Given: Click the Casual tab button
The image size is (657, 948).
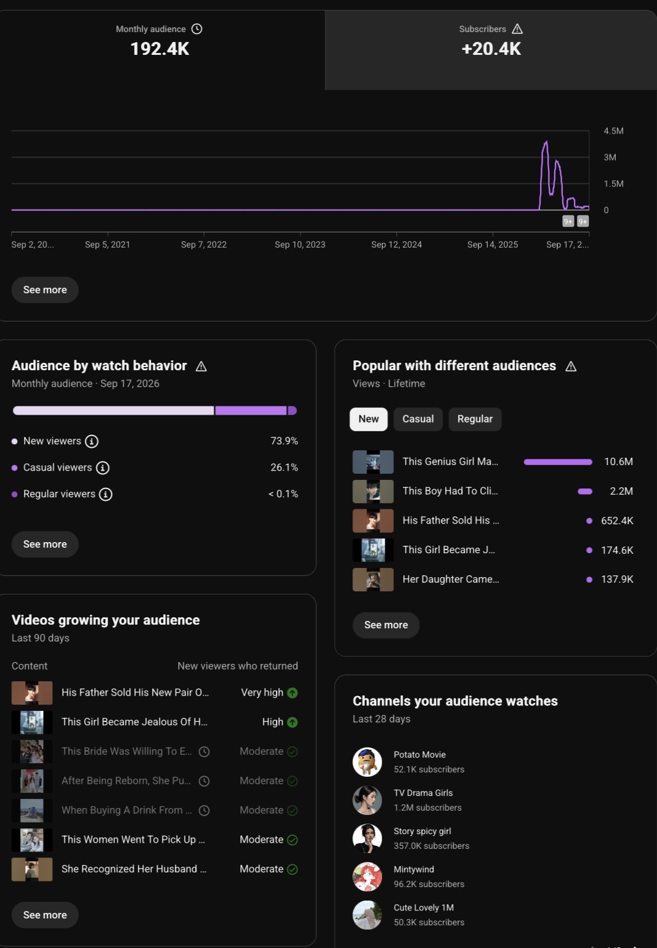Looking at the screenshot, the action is (418, 419).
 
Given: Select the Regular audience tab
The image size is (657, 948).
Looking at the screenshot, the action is (475, 419).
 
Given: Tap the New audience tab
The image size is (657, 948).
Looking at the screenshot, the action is (368, 419).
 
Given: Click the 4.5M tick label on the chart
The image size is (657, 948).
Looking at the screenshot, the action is (613, 131).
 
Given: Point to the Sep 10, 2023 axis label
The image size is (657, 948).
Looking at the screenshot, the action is (300, 245).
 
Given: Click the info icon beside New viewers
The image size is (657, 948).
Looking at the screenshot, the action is (91, 442).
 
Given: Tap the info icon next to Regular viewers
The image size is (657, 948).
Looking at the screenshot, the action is (105, 494).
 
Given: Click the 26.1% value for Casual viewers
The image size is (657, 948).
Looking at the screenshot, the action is (284, 468).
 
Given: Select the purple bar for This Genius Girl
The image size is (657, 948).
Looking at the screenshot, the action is (558, 462).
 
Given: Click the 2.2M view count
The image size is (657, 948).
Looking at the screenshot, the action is (621, 491).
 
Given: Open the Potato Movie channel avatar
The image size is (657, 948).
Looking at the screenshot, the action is (367, 762).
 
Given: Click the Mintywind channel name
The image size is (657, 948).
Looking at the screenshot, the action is (414, 869).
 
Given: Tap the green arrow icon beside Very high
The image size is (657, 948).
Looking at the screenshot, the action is (292, 693).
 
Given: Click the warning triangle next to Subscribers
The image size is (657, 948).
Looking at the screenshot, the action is (517, 29).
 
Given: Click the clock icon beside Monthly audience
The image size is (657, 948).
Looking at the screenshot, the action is (196, 29).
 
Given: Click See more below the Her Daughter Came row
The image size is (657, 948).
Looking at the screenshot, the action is (386, 625).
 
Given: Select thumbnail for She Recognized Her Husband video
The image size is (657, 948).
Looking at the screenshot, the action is (32, 869).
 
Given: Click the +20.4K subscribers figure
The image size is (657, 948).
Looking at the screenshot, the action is (491, 49).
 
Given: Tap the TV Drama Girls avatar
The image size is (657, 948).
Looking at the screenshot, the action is (367, 800).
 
